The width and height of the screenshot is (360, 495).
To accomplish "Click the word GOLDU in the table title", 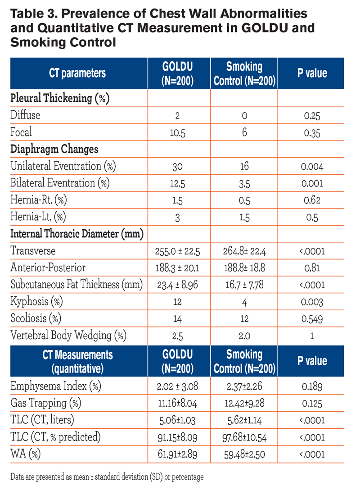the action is [x=265, y=28].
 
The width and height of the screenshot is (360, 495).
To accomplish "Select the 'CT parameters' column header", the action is [x=77, y=73].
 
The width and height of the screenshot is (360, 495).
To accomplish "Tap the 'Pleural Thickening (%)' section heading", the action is [x=60, y=98].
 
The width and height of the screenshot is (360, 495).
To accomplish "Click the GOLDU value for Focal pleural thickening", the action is [x=177, y=133].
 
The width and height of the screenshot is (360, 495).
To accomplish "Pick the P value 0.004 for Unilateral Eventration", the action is [x=312, y=167].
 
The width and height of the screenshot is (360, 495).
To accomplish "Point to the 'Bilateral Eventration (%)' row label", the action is [x=60, y=183].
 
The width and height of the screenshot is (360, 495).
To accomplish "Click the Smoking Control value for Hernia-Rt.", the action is [x=244, y=200].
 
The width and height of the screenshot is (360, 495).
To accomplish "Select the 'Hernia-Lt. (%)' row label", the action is [x=38, y=217].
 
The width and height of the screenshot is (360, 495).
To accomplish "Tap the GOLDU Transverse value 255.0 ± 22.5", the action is [x=177, y=251].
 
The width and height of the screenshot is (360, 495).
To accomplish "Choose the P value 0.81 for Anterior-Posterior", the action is [x=312, y=268].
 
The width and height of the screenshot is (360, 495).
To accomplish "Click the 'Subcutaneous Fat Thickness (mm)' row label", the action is [x=76, y=285].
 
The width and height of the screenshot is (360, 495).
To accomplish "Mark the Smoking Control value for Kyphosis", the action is [x=244, y=302].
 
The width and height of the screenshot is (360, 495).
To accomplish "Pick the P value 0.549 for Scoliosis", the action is [x=312, y=319].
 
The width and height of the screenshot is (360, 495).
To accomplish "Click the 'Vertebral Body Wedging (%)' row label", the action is [x=68, y=336].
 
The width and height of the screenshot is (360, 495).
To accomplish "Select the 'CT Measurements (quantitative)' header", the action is [x=77, y=362].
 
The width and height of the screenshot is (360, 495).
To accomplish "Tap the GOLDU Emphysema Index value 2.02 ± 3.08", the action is [x=177, y=386].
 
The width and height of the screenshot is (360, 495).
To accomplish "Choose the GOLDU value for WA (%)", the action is [x=177, y=454].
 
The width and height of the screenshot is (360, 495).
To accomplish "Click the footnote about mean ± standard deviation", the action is [x=107, y=477].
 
